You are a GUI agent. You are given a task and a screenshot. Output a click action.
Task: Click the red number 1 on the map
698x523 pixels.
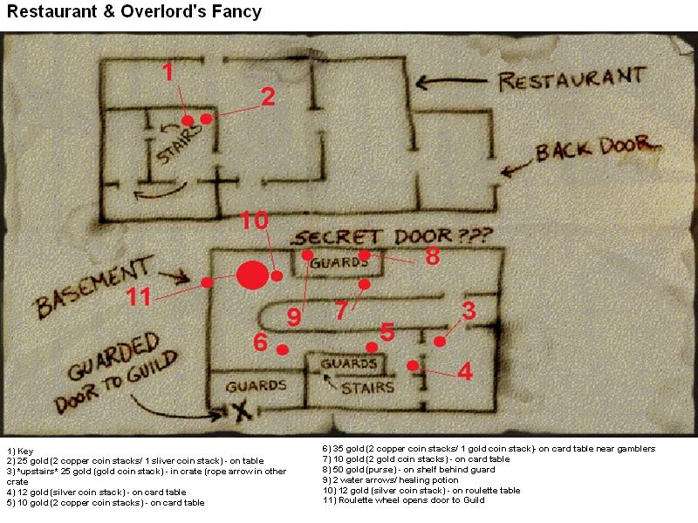tap(168, 71)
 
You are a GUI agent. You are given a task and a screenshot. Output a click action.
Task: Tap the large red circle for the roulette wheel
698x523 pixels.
tap(252, 275)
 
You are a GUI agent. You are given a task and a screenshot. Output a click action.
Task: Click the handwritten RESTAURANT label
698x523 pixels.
tap(572, 79)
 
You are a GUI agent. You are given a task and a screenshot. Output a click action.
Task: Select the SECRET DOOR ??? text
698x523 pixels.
tap(393, 237)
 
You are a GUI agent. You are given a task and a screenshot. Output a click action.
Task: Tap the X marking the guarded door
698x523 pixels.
tap(242, 411)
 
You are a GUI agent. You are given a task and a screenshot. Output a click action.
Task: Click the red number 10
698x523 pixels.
tap(254, 221)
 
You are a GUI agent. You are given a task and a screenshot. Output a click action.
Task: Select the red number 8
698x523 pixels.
tap(433, 256)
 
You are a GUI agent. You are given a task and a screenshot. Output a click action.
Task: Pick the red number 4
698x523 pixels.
tap(465, 371)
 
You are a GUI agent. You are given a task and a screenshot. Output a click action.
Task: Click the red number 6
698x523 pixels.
tap(260, 342)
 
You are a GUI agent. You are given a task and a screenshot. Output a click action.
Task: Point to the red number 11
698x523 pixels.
tap(139, 296)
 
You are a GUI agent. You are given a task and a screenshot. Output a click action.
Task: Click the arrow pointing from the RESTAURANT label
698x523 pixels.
tap(451, 82)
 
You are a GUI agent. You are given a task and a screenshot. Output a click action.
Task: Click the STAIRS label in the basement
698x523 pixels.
tap(367, 388)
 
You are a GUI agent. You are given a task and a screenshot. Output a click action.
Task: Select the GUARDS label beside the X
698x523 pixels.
tap(256, 385)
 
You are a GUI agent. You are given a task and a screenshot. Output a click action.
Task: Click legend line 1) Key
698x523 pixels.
tap(20, 451)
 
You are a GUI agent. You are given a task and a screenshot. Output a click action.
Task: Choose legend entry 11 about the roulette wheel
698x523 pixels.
tap(404, 500)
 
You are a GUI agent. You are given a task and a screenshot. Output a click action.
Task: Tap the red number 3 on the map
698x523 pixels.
tap(469, 310)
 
